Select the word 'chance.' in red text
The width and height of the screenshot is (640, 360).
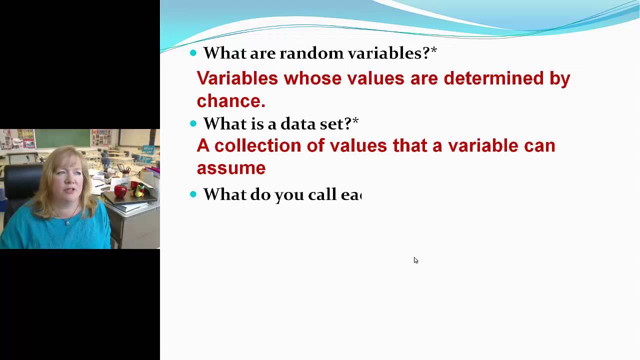click(230, 101)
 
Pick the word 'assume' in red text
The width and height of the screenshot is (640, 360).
click(230, 168)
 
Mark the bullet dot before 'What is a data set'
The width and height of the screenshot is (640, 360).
click(193, 123)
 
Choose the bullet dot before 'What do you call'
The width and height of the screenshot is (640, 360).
click(193, 194)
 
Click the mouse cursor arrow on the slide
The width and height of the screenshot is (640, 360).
click(415, 260)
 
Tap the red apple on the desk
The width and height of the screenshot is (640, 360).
click(120, 190)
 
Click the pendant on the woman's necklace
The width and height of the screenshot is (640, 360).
click(67, 222)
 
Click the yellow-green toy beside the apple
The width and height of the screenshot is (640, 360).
click(139, 190)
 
